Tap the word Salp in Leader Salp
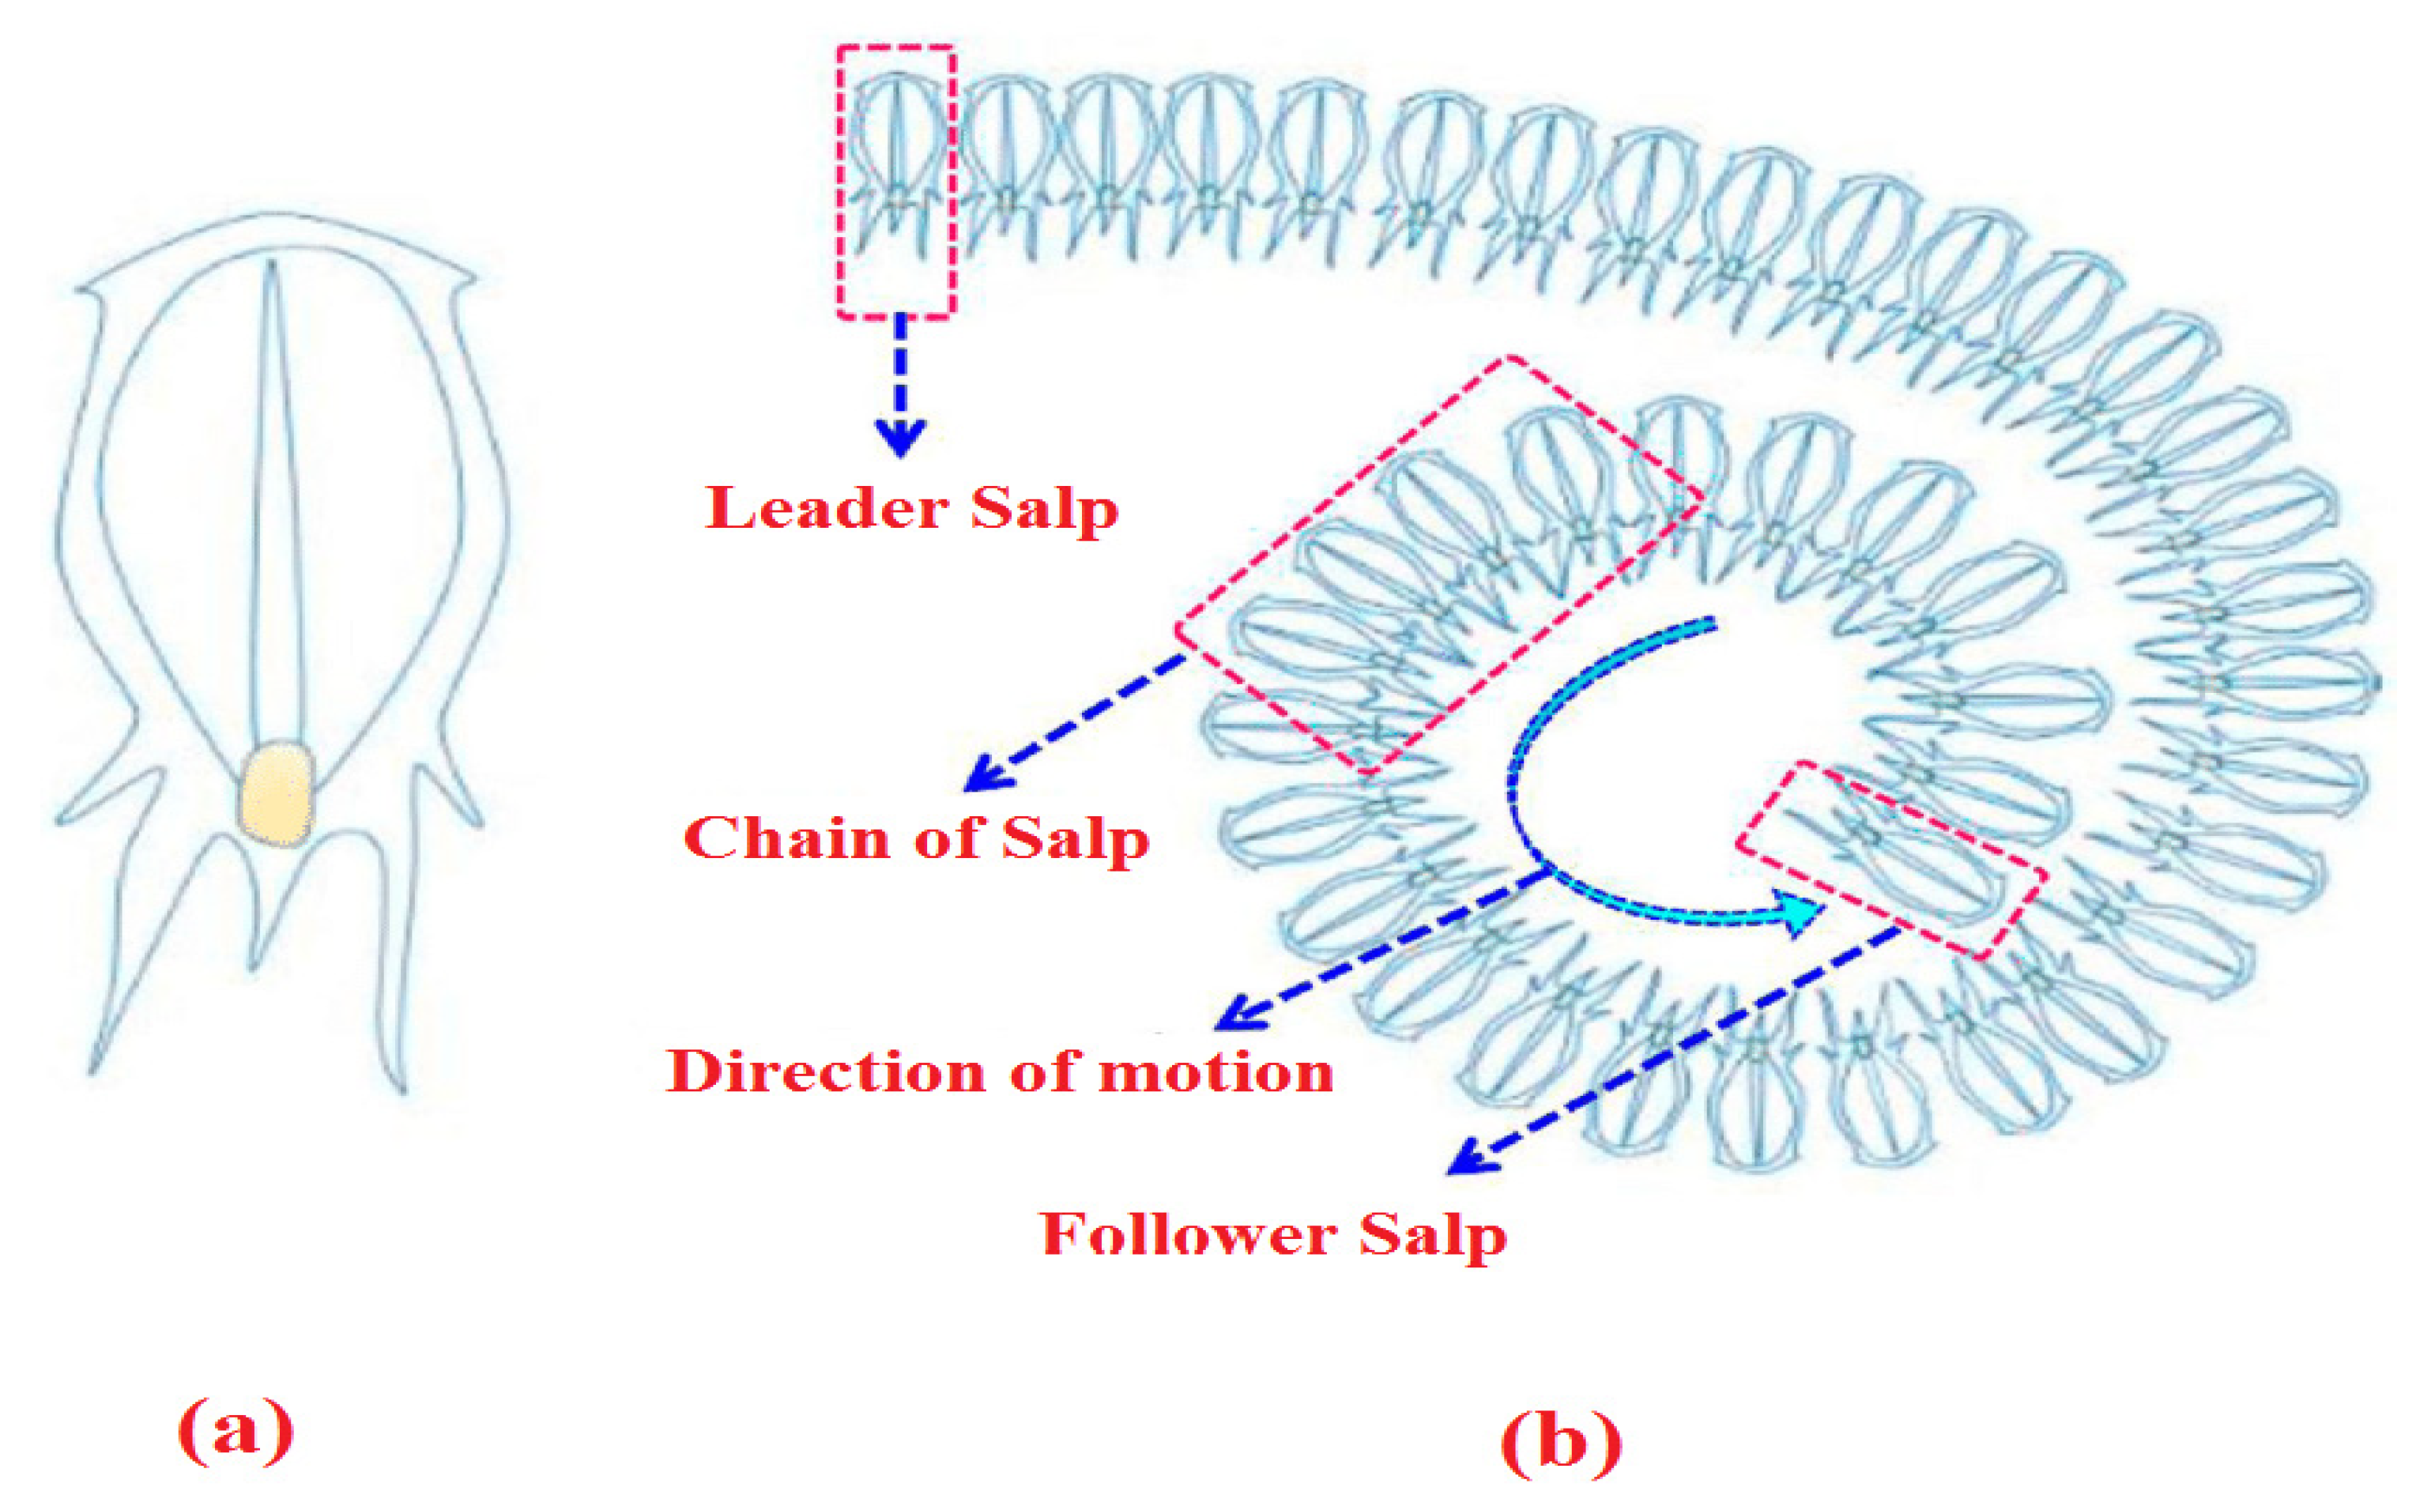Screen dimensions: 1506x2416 tap(1045, 510)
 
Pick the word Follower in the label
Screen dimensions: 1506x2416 tap(1188, 1235)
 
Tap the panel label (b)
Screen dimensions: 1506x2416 tap(1560, 1440)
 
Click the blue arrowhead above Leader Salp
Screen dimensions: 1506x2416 tap(901, 436)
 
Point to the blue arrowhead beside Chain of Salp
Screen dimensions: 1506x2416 tap(984, 776)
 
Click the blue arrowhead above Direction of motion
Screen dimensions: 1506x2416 tap(1235, 1016)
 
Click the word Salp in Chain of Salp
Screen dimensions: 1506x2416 tap(1075, 838)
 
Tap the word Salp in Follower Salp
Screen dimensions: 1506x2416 tap(1433, 1236)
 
